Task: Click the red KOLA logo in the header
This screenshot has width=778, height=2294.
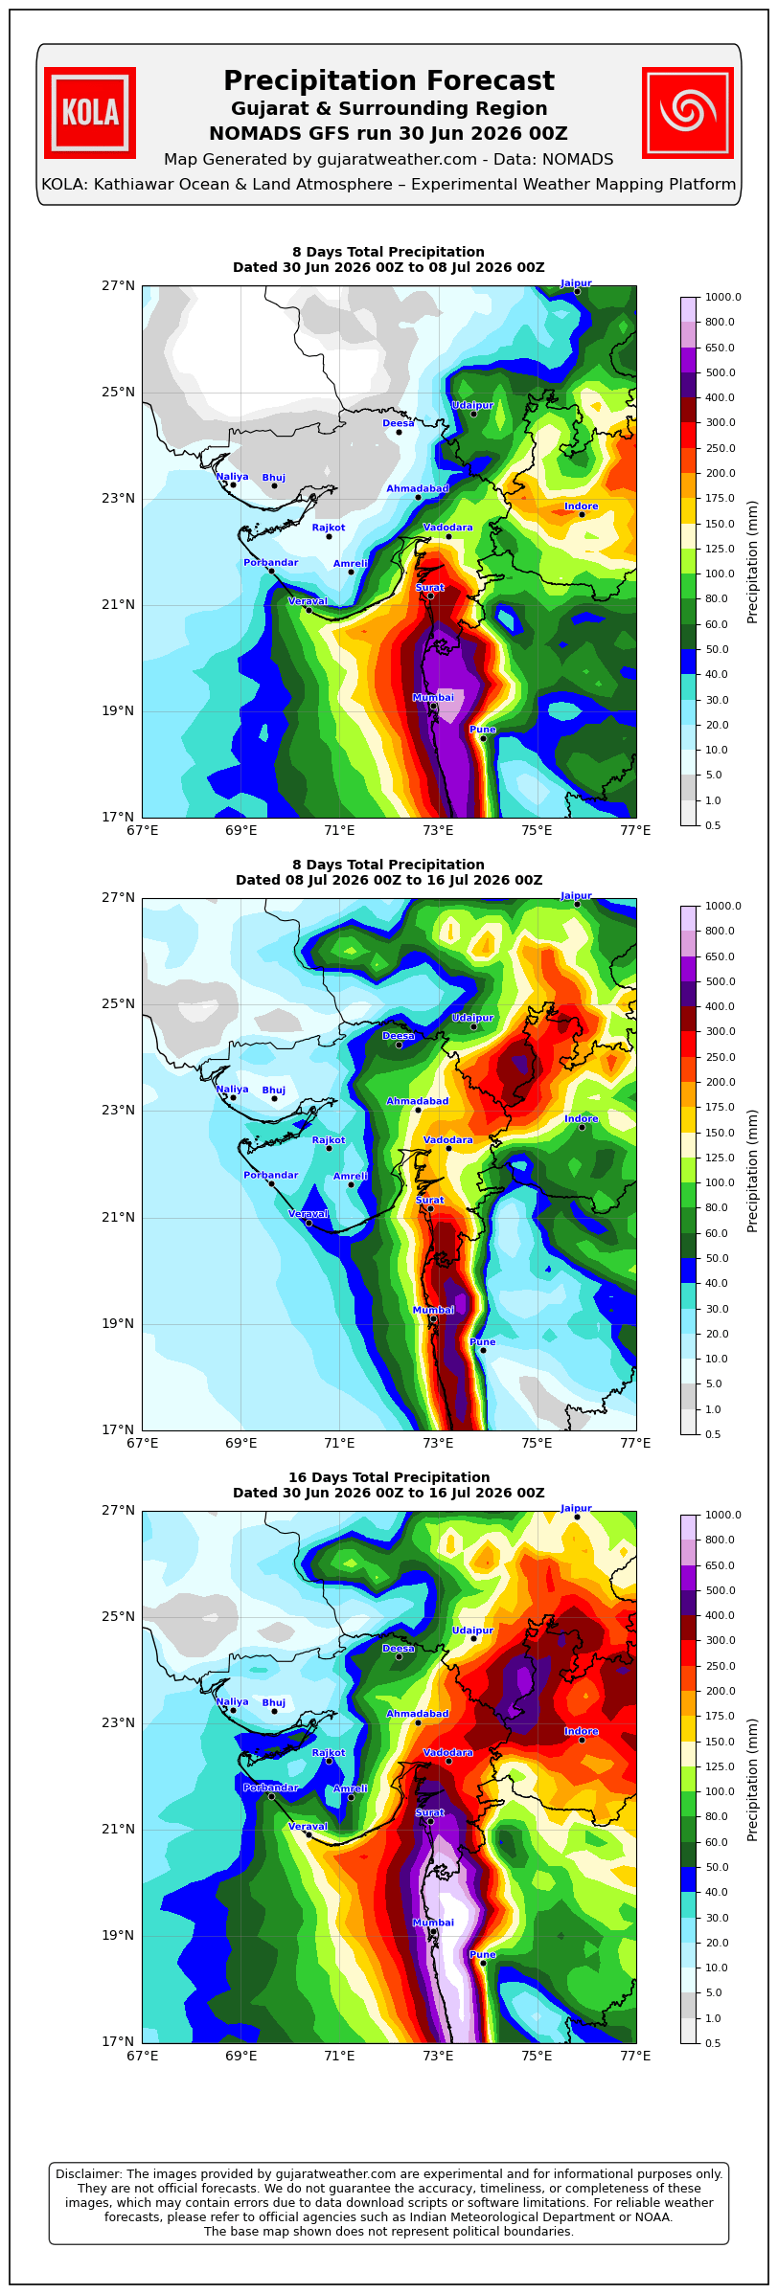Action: tap(90, 113)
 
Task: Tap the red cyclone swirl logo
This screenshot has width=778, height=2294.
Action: tap(688, 113)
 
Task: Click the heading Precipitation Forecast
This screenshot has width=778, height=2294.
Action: tap(389, 81)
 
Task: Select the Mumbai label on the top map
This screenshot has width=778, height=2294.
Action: tap(433, 698)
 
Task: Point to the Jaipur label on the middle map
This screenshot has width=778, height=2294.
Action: tap(576, 896)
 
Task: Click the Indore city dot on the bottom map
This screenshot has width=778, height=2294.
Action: tap(582, 1740)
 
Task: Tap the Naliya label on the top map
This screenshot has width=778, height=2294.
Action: tap(232, 477)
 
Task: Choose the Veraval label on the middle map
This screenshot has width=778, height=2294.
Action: tap(308, 1214)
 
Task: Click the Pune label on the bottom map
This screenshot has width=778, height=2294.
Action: tap(483, 1955)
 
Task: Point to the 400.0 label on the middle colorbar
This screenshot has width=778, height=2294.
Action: tap(720, 1007)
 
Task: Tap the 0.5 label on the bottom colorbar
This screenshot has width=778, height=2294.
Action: tap(713, 2043)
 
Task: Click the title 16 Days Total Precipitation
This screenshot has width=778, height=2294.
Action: tap(389, 1477)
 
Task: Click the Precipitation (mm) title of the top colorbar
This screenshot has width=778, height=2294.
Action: tap(753, 561)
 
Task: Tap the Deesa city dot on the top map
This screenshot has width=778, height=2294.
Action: tap(400, 432)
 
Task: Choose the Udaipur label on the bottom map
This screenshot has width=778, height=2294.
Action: tap(472, 1631)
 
